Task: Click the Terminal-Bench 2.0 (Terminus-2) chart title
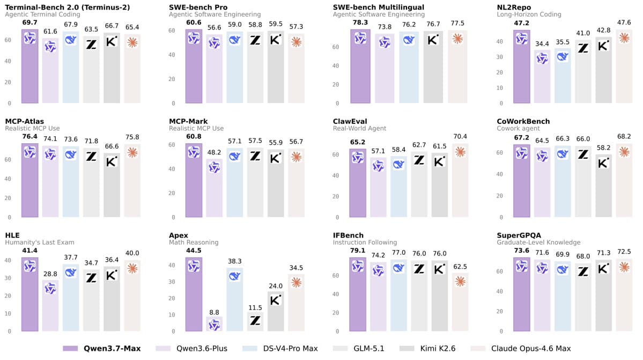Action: pos(67,8)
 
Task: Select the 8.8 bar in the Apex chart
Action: pos(214,324)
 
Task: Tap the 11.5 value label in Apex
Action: pos(255,307)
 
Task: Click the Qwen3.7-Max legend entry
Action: pos(102,349)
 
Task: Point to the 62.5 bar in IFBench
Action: pos(460,302)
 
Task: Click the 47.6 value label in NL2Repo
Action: pos(624,23)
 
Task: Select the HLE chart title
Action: pos(12,236)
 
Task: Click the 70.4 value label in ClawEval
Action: pos(460,136)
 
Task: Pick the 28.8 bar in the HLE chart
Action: pos(50,305)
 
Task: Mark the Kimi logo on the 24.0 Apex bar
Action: pos(276,300)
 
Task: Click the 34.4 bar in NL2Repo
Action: pos(542,76)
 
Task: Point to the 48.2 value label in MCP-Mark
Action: pos(214,152)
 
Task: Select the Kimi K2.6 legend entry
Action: pos(427,349)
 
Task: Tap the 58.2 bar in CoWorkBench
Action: pos(604,186)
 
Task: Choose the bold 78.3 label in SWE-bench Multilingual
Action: pos(360,23)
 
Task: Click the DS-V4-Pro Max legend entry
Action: pos(280,349)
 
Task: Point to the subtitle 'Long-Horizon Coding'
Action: pos(529,14)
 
